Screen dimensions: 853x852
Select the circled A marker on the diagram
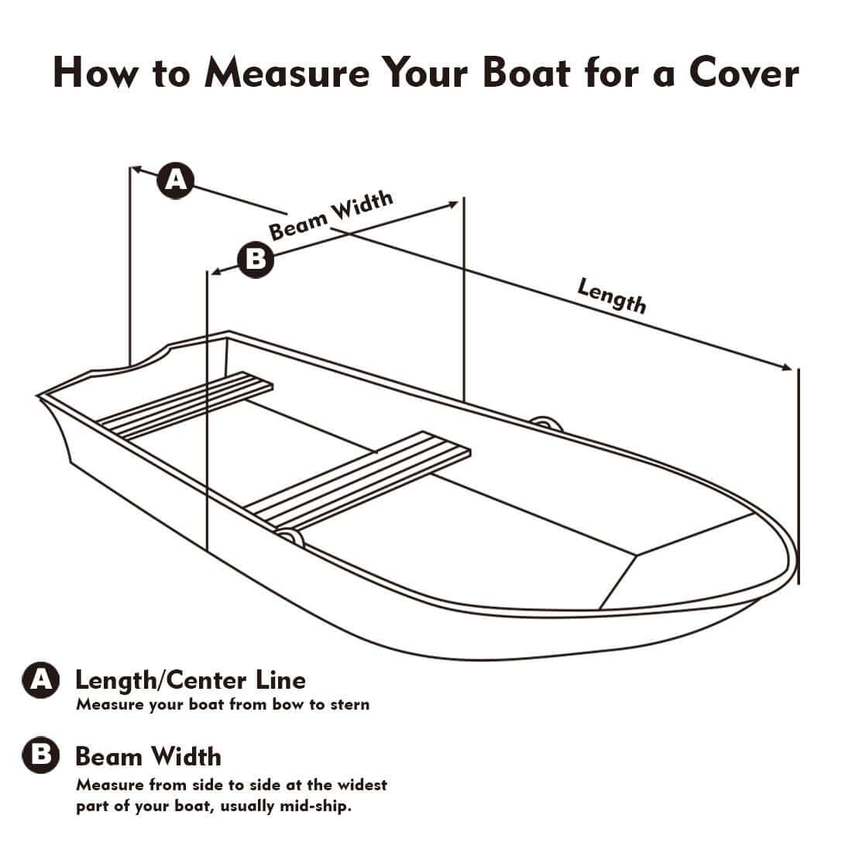(177, 181)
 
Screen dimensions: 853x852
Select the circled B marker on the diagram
(255, 260)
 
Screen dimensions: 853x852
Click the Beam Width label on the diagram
(331, 216)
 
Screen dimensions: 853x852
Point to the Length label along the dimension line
(611, 295)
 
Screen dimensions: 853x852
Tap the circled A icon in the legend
(39, 680)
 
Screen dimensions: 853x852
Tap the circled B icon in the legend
(39, 756)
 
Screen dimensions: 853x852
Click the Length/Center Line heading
(190, 679)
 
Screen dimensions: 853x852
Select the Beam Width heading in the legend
(148, 755)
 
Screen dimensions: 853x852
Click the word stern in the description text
(349, 704)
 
